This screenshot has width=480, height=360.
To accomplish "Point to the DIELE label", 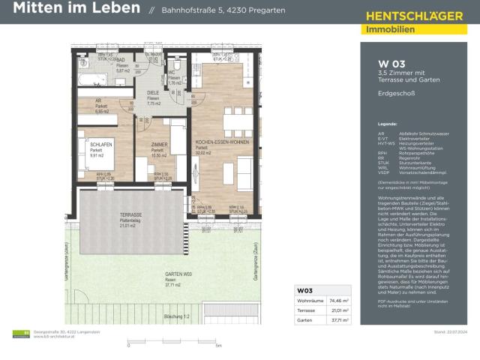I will [153, 92].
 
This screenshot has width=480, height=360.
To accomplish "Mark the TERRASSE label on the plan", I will [130, 214].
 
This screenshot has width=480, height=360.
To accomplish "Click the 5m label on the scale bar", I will [218, 346].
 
